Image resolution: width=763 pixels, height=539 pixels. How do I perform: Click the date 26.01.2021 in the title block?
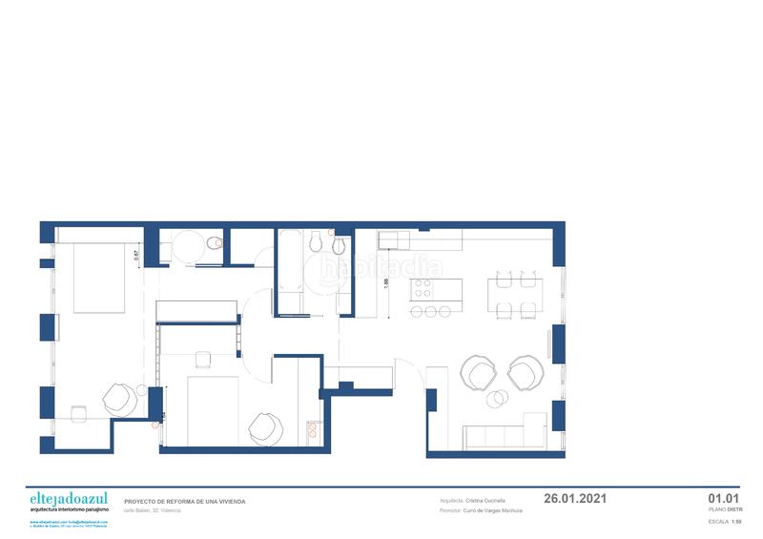tap(574, 498)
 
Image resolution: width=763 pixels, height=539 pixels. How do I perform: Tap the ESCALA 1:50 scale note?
tap(725, 523)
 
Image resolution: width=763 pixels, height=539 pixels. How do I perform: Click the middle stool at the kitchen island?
tap(431, 311)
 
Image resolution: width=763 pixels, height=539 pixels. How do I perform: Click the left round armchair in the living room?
tap(478, 373)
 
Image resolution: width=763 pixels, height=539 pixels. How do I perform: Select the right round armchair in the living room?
tap(525, 373)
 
